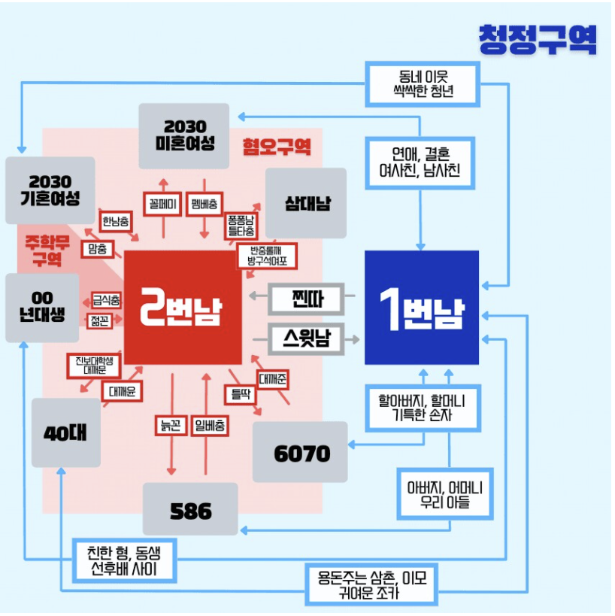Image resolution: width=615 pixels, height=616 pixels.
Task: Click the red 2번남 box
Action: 183,308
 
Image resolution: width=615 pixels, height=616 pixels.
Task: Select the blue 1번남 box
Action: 421,308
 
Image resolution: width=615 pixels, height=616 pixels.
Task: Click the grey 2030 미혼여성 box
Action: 183,135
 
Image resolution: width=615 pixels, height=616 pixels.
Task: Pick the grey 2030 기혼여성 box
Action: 50,190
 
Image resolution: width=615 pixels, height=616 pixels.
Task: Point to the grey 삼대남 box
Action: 306,203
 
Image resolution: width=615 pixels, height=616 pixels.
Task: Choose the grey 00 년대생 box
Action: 42,308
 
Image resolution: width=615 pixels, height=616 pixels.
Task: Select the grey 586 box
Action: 190,510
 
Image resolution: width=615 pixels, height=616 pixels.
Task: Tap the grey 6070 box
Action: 301,452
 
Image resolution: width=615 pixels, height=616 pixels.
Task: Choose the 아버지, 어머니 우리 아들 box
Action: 445,494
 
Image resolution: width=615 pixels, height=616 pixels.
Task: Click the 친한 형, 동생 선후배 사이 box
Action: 124,560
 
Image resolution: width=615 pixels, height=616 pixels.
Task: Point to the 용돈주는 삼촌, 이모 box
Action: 372,584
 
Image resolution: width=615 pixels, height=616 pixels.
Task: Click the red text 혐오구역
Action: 276,147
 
